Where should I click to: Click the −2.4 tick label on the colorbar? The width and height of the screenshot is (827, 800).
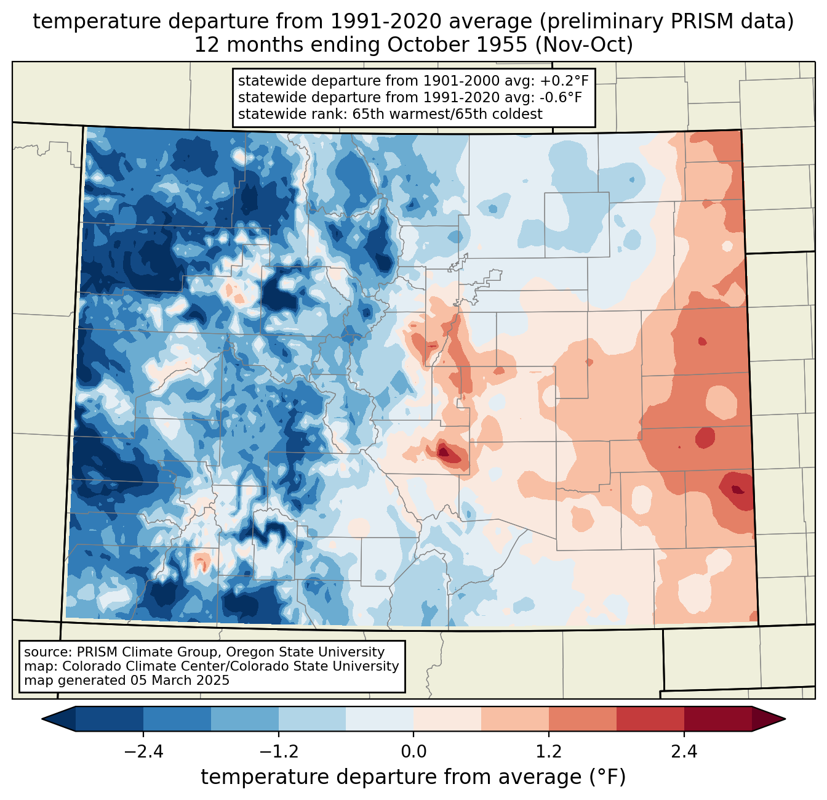[143, 752]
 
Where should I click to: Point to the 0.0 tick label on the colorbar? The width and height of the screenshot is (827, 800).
[413, 752]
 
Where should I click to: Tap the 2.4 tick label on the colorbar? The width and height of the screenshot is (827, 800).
[684, 752]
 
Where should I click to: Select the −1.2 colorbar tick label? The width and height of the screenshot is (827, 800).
[279, 752]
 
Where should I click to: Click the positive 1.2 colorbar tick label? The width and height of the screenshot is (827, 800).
[549, 752]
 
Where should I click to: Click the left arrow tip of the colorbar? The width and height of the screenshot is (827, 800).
[42, 719]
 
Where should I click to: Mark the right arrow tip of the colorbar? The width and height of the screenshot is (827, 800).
[785, 719]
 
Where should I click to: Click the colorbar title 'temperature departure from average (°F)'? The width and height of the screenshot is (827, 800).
[413, 777]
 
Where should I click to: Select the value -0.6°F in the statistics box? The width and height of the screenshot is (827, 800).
[561, 97]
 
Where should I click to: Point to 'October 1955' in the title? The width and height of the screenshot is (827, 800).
[457, 45]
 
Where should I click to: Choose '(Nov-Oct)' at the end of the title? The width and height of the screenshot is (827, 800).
[584, 45]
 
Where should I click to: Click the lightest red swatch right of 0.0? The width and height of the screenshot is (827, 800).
[447, 719]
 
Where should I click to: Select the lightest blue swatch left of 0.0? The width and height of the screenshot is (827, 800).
[380, 719]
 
